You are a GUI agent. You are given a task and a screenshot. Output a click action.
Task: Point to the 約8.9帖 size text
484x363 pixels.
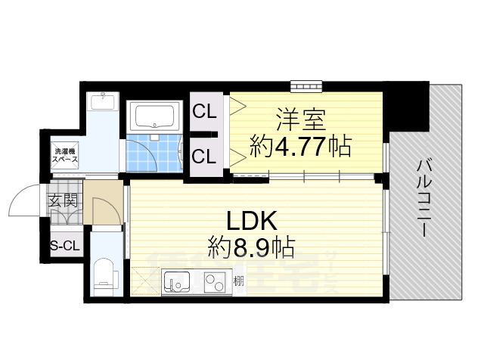(x=252, y=246)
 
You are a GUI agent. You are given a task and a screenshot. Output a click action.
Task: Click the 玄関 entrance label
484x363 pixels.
(x=63, y=200)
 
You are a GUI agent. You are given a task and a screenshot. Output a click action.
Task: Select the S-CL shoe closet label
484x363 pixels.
(x=65, y=244)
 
